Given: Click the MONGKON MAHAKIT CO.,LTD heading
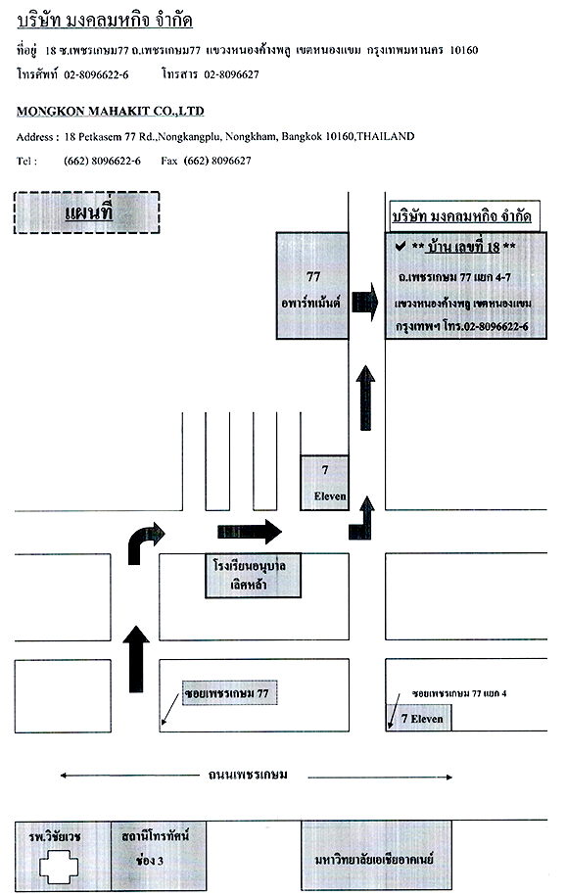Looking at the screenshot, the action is (111, 111).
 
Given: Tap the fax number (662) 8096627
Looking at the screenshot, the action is (217, 161).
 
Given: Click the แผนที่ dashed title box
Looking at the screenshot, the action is (87, 212).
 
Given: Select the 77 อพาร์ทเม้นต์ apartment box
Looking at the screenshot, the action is (312, 286).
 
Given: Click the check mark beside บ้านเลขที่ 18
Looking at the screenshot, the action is (401, 247).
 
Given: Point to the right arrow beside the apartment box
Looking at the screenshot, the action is (364, 302).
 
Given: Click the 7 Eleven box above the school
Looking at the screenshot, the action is (325, 483).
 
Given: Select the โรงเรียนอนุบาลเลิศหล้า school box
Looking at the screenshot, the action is (254, 576).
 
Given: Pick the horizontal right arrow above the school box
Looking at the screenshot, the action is (250, 532).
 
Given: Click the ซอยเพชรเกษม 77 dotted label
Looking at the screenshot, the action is (230, 692).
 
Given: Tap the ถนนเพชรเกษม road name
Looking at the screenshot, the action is (248, 775).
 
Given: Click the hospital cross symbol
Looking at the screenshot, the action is (59, 867).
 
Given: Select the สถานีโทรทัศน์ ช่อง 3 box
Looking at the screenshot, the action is (159, 856).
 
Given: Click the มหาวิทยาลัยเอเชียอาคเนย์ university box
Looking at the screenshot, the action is (376, 856).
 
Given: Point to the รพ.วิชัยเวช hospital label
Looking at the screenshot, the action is (55, 837).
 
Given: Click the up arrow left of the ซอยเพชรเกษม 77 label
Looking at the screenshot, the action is (136, 659).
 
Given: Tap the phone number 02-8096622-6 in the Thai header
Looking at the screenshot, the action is (96, 74).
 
